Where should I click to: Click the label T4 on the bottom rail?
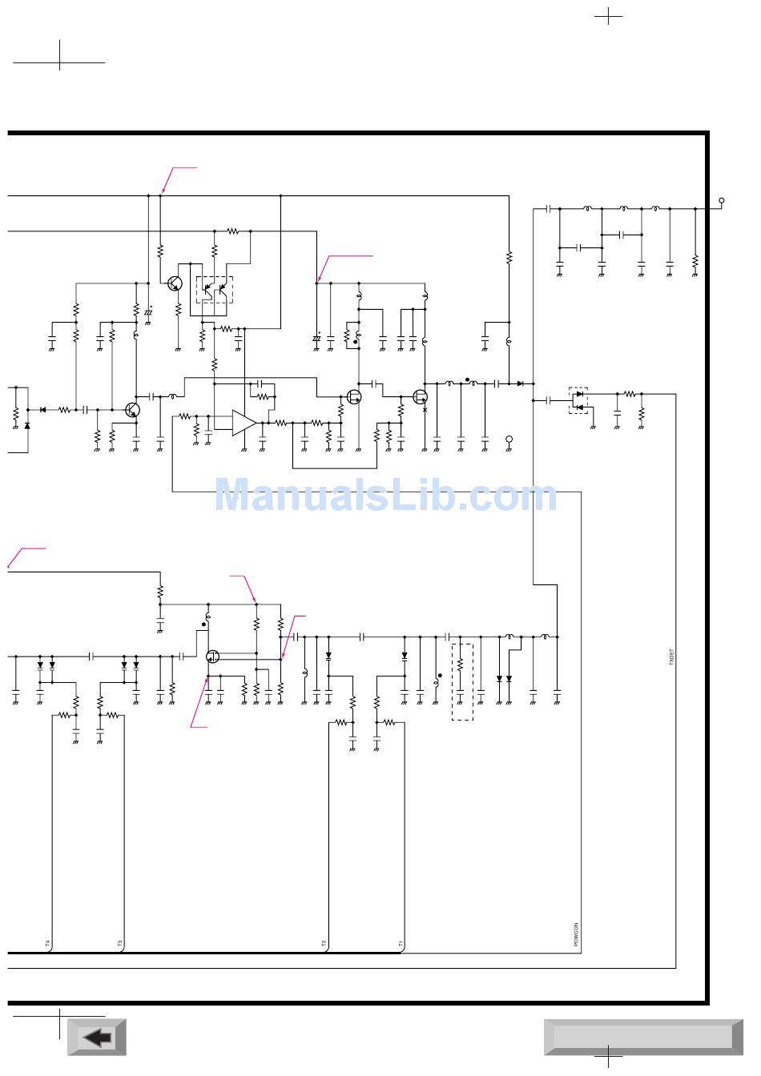pos(47,943)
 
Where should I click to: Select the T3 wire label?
pos(120,943)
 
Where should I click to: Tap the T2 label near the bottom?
pos(324,943)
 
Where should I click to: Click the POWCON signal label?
pos(577,935)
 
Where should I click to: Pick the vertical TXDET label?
pos(671,660)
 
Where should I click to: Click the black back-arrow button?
pos(97,1038)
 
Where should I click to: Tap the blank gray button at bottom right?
pos(643,1038)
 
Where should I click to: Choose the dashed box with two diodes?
pos(578,400)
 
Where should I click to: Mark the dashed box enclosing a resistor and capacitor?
pos(462,681)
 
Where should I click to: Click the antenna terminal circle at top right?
pos(722,200)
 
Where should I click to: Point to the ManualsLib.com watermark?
pos(385,496)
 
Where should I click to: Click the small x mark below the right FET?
pos(425,410)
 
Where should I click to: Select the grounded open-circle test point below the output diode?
pos(509,440)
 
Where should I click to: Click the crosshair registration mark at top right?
pos(609,16)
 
